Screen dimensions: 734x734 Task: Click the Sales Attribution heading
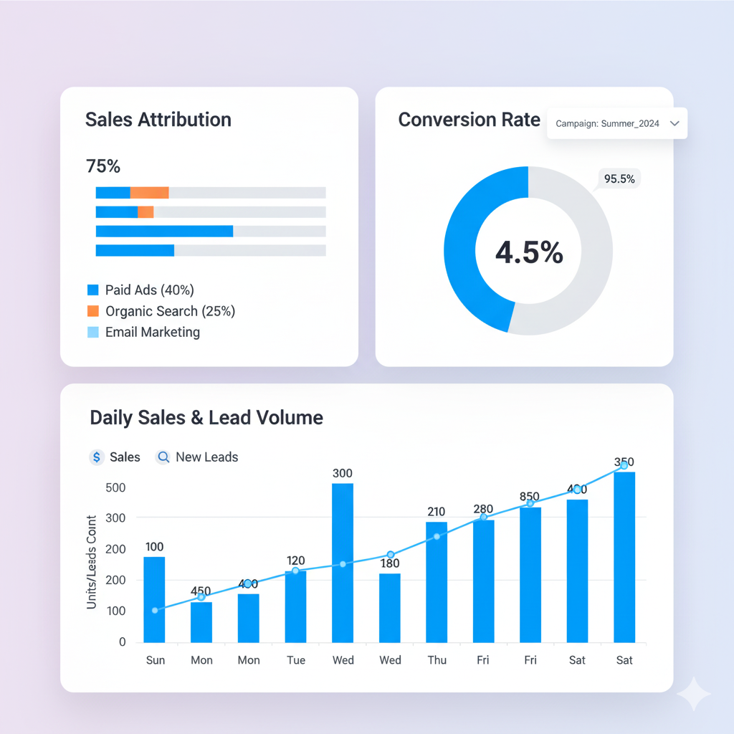(158, 120)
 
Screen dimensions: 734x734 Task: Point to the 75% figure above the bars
(103, 166)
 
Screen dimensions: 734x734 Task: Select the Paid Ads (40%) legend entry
(149, 290)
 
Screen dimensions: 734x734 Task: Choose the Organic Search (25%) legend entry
(170, 311)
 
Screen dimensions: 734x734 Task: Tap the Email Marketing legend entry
(152, 333)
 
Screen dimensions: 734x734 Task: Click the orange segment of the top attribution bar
(149, 192)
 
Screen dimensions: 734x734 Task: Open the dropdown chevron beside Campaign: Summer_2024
(674, 123)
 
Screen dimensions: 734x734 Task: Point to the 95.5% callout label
(619, 179)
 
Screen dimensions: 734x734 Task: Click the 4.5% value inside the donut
(529, 252)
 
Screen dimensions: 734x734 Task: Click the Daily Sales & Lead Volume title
(206, 418)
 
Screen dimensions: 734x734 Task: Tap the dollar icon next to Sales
(97, 457)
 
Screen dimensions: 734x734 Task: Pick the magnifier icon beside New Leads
(163, 457)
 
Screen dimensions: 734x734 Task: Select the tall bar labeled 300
(343, 563)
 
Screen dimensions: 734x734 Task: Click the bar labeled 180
(390, 608)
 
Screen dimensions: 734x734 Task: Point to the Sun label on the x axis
(156, 660)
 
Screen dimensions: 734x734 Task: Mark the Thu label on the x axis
(437, 660)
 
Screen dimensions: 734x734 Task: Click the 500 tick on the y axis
(115, 488)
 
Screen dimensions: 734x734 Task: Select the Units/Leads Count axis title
(92, 563)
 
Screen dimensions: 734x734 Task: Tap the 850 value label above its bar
(530, 496)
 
